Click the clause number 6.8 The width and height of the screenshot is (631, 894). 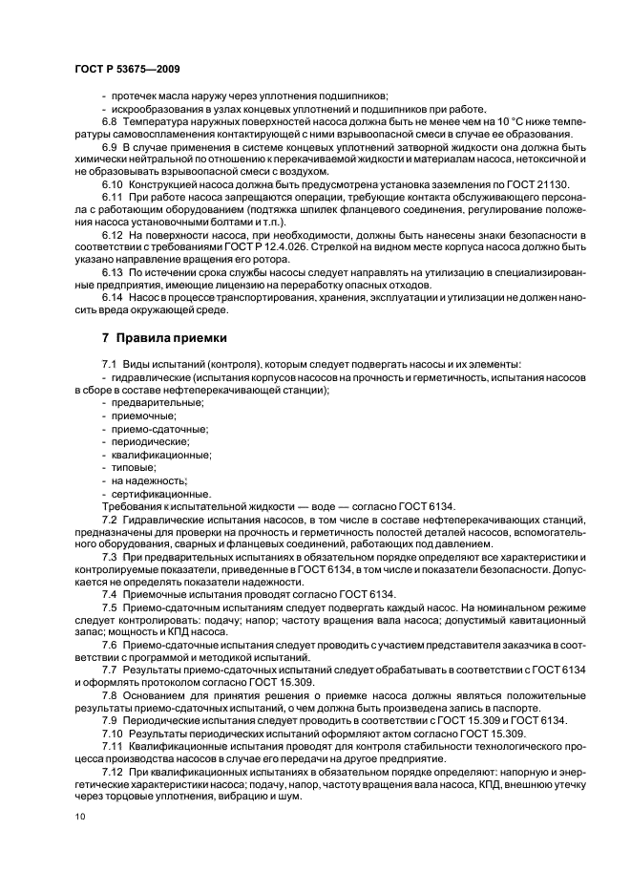point(110,122)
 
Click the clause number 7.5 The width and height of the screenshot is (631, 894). point(110,607)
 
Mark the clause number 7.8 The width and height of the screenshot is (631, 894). point(110,693)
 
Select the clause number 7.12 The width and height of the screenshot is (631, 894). point(113,770)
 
